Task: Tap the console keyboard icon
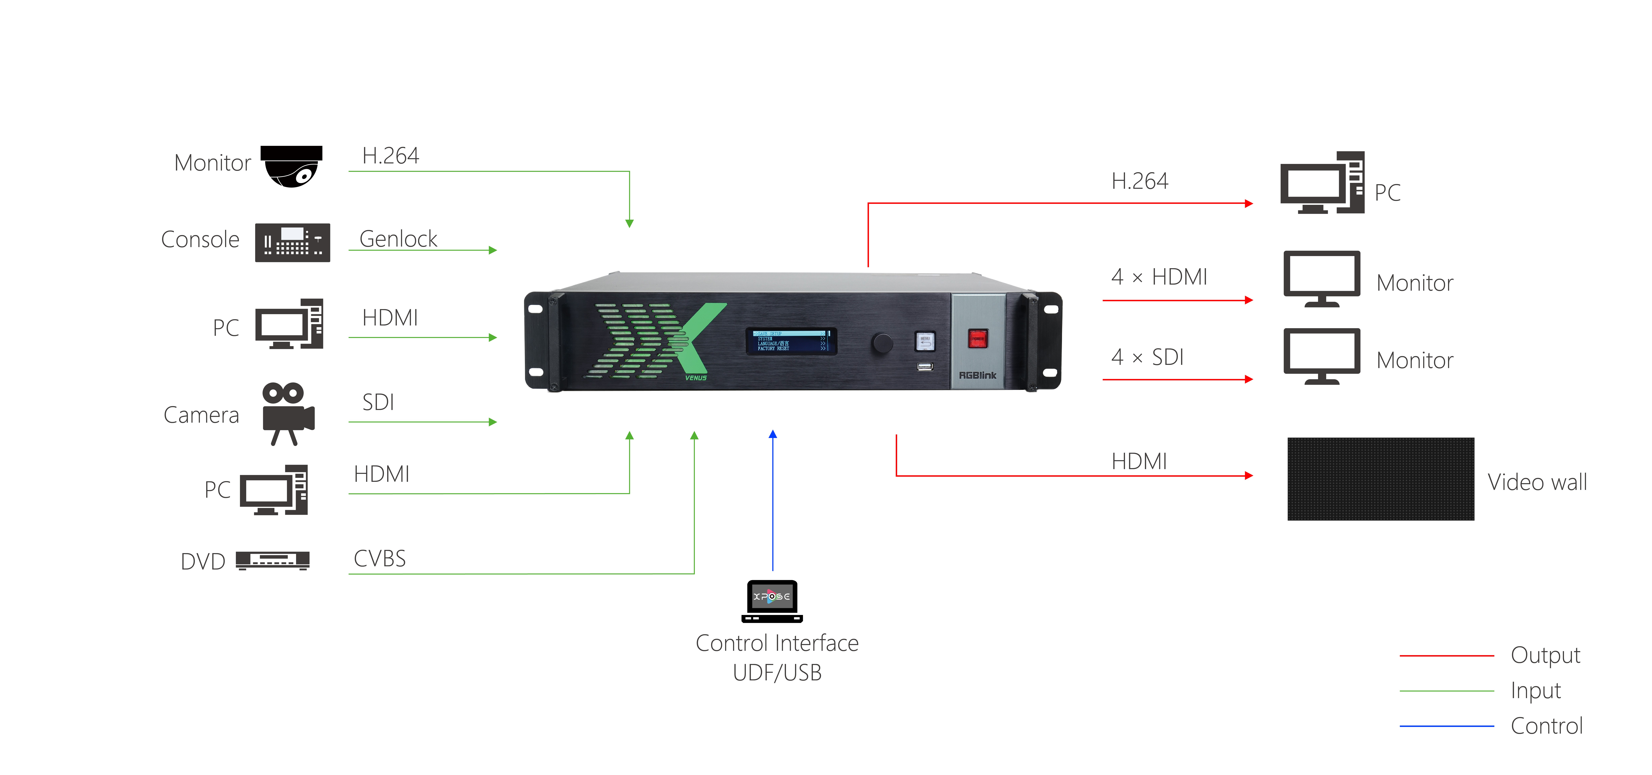click(x=293, y=243)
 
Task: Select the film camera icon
click(x=288, y=414)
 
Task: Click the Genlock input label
click(x=398, y=239)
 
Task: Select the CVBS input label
click(x=380, y=558)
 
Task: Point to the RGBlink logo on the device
click(x=977, y=375)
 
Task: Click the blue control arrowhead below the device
click(x=773, y=434)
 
